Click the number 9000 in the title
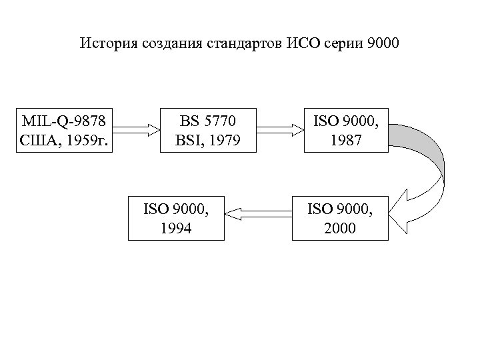click(383, 45)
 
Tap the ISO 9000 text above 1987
click(347, 121)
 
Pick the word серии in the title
click(344, 45)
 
